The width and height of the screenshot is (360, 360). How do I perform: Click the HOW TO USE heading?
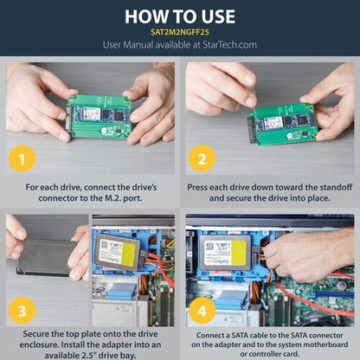click(179, 16)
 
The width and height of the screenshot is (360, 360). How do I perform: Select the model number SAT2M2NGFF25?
click(179, 32)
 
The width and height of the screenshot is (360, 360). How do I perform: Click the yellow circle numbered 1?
click(25, 157)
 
